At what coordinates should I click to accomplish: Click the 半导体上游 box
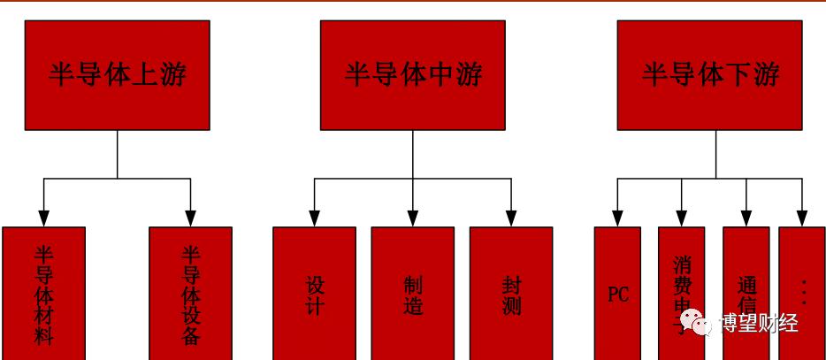click(117, 75)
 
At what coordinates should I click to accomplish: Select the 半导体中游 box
click(413, 75)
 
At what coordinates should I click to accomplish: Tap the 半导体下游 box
click(710, 75)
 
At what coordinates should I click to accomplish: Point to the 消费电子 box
click(681, 283)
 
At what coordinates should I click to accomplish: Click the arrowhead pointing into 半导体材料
click(43, 218)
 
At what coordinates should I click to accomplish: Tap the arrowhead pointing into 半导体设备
click(190, 218)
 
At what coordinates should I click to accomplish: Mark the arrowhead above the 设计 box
click(314, 218)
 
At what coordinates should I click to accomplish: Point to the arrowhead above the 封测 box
click(511, 218)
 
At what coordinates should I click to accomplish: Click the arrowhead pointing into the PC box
click(617, 218)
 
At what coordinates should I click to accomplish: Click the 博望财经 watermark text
click(759, 324)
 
